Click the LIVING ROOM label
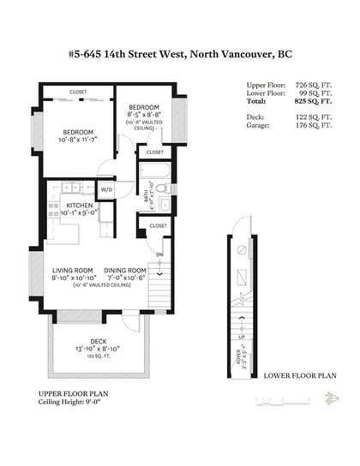click(x=72, y=270)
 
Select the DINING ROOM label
click(x=125, y=270)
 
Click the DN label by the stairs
click(x=159, y=254)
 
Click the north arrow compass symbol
click(x=329, y=397)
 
